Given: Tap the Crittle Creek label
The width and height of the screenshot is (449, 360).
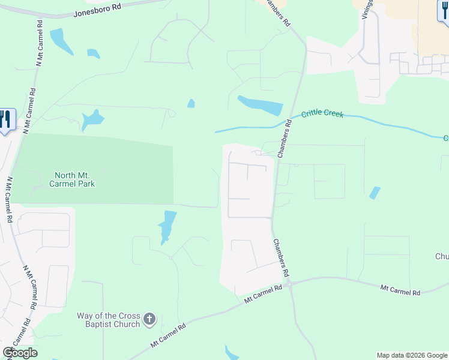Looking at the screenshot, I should [x=322, y=113].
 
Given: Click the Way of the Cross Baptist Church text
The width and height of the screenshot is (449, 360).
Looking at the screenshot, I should [x=108, y=320].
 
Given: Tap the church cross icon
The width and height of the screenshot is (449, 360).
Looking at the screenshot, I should [x=150, y=319].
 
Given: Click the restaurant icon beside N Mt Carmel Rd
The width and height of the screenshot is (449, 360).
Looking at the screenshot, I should [x=5, y=119].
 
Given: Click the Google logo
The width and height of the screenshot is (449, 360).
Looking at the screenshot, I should [x=20, y=353].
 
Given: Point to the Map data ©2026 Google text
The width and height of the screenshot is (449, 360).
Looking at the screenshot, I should [x=412, y=355].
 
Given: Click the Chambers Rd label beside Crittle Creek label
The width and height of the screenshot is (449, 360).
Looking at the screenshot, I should [x=285, y=138].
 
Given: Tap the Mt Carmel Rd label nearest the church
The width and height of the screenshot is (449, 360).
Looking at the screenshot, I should [x=169, y=335].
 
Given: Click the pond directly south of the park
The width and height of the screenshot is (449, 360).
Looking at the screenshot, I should [x=167, y=226].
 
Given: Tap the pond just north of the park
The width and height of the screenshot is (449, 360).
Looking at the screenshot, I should [x=92, y=119].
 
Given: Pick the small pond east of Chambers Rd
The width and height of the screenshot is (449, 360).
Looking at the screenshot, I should [x=375, y=193].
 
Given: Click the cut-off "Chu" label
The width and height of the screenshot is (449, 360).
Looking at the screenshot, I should [x=441, y=257].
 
